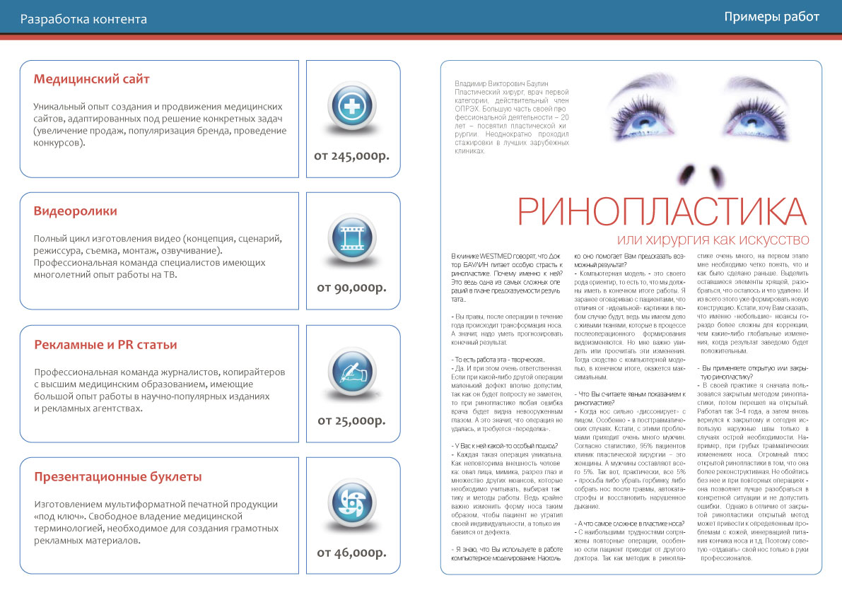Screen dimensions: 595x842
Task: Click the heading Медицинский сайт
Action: coord(92,78)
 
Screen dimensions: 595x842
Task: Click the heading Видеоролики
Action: coord(76,211)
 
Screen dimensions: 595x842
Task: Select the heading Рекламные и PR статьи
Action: coord(105,344)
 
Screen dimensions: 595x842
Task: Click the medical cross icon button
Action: coord(351,107)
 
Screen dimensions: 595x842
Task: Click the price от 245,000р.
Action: coord(351,155)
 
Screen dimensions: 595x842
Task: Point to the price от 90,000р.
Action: coord(351,288)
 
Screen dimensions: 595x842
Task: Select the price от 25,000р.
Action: coord(351,420)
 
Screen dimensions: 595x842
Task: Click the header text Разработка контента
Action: coord(83,19)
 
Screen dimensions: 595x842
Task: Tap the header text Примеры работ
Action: coord(771,17)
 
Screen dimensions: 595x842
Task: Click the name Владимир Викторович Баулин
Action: coord(502,83)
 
